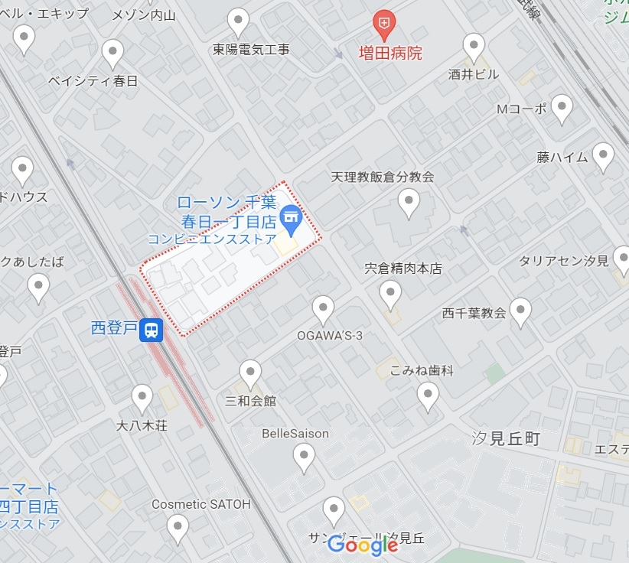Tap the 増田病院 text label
pos(390,54)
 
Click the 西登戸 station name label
pos(114,329)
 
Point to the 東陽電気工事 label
pos(251,50)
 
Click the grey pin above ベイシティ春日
pos(113,54)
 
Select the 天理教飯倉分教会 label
pos(383,177)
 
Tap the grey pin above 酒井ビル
pos(474,47)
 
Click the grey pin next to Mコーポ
pos(562,109)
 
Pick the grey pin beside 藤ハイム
pos(603,157)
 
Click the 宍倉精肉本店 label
pos(402,268)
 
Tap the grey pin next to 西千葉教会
pos(520,312)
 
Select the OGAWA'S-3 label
pos(330,336)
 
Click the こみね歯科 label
pos(422,370)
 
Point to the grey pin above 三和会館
pos(250,374)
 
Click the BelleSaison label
pos(295,434)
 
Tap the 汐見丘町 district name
pos(506,438)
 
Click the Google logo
pos(363,545)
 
